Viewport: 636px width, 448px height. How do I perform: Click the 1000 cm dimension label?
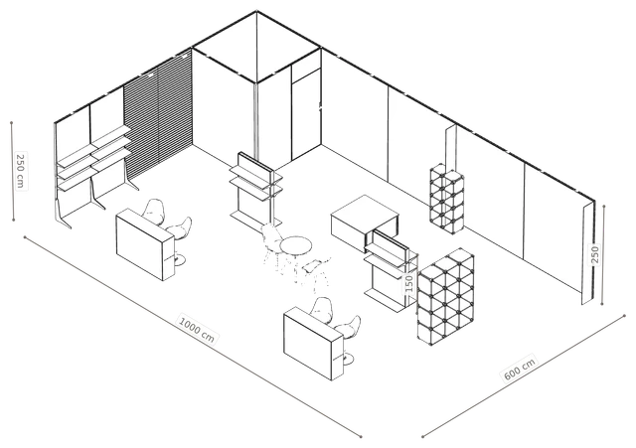point(197,329)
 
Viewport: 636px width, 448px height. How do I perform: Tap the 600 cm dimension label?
point(520,368)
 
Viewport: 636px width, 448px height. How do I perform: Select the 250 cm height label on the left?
point(20,170)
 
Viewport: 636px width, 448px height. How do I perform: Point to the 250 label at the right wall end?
point(594,254)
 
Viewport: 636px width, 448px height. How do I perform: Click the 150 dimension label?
point(408,283)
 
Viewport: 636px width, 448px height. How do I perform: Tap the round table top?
point(296,246)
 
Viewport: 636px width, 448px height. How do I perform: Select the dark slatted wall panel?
point(157,113)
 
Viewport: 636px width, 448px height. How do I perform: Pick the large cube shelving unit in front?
point(445,297)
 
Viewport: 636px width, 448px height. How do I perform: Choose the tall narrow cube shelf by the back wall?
point(447,199)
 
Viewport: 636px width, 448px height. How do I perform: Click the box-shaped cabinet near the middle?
point(365,223)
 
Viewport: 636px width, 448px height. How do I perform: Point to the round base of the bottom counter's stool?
point(346,359)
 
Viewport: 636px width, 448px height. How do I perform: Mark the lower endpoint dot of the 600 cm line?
point(422,437)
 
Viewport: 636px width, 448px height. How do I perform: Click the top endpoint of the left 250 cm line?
point(11,122)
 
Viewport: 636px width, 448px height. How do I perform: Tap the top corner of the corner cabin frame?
point(256,11)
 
